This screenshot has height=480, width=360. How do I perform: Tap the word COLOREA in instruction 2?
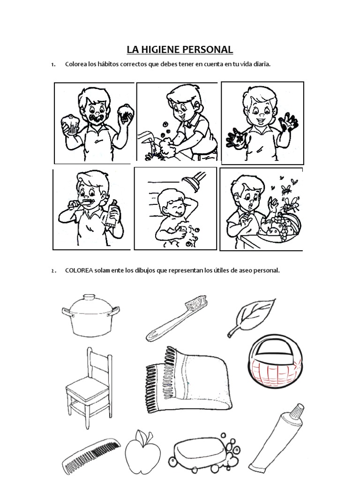pyautogui.click(x=79, y=270)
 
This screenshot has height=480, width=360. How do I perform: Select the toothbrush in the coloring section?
pyautogui.click(x=177, y=318)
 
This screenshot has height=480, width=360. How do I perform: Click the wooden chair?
pyautogui.click(x=89, y=388)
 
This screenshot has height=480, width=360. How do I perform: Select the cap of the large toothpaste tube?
pyautogui.click(x=297, y=411)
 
